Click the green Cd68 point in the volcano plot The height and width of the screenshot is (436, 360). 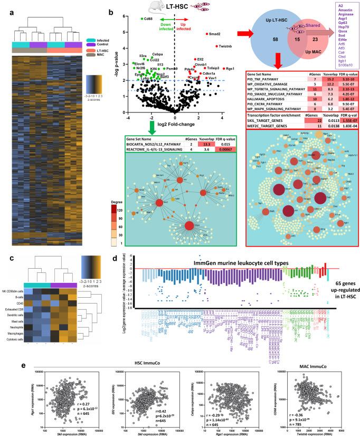point(142,19)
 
